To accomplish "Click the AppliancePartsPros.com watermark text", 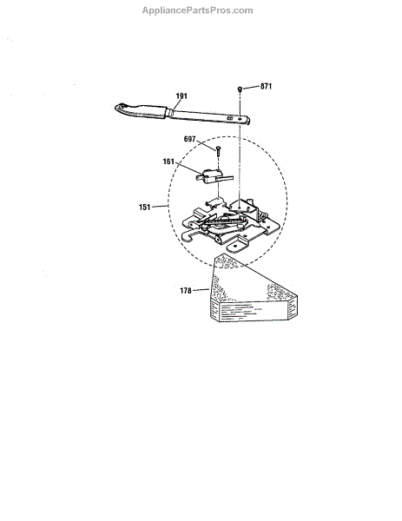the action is point(197,10).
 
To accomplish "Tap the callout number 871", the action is point(266,86).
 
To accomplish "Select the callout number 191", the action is point(181,96).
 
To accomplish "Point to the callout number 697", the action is point(189,139).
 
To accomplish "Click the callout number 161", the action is point(168,162).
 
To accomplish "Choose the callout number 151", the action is point(144,207).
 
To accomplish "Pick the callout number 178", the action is point(186,291).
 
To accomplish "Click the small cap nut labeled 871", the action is point(240,89).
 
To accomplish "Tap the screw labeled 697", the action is point(218,152).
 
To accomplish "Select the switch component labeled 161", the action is point(214,176).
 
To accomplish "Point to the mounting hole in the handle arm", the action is point(240,117).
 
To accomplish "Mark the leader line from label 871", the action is point(251,88).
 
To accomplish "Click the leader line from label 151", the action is point(160,207).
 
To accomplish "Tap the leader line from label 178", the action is point(201,290).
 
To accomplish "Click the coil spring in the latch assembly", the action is point(225,221).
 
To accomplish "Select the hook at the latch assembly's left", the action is point(189,235).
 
